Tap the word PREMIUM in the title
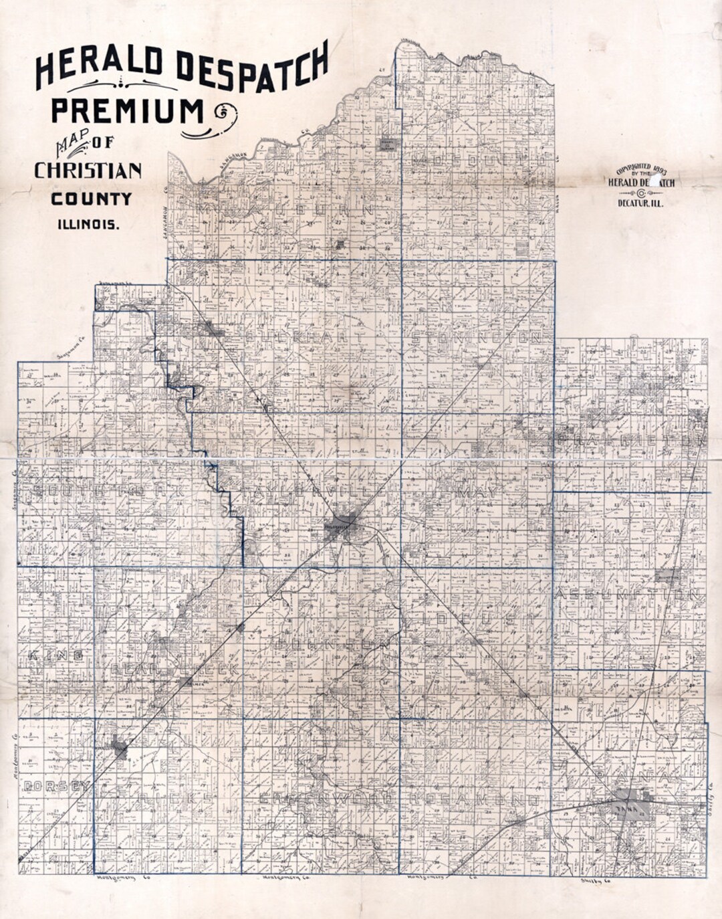point(127,110)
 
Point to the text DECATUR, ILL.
point(640,203)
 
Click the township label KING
point(55,655)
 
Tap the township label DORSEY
point(56,787)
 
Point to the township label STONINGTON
point(476,338)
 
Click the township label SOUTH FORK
point(107,492)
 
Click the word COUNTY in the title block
point(92,199)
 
